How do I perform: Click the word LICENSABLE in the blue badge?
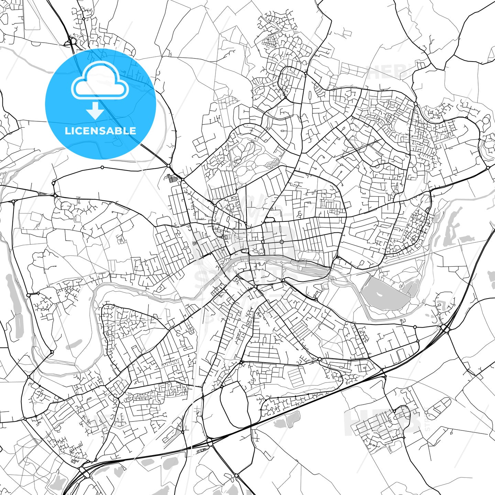click(x=100, y=131)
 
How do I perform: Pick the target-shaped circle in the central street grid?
click(x=282, y=242)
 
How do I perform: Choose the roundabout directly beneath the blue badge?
click(x=102, y=167)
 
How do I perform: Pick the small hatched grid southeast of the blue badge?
click(x=171, y=178)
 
